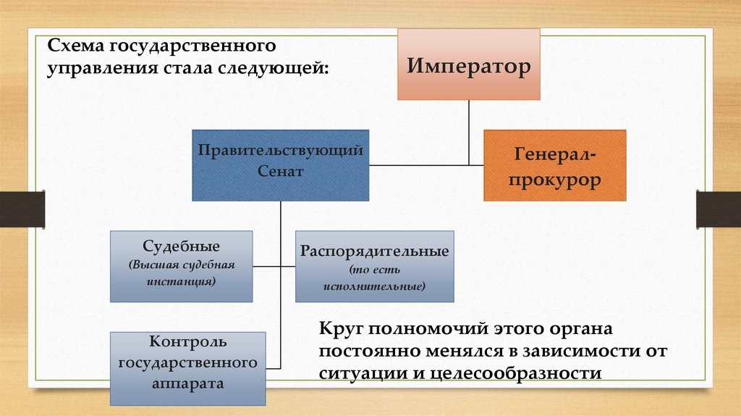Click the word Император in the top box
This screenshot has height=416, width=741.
[468, 67]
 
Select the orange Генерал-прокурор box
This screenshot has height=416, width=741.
[554, 166]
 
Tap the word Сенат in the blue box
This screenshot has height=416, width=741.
[280, 172]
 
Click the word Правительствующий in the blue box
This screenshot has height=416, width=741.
[281, 151]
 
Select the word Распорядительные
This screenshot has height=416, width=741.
[375, 252]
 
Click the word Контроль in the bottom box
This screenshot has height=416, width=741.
[187, 341]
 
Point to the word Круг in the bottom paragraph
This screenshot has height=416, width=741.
[340, 328]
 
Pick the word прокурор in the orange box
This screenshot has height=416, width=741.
[554, 180]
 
